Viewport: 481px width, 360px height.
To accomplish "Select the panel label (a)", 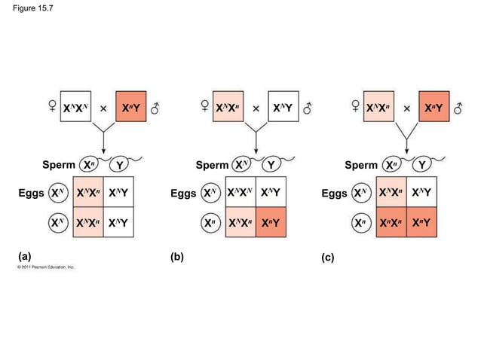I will [25, 256].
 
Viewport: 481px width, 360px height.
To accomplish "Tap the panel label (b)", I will [177, 256].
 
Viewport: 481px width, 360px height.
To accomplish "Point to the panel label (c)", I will [327, 257].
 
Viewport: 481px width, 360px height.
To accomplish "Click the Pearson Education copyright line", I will [47, 267].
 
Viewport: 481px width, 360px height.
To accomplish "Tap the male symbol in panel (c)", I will [458, 108].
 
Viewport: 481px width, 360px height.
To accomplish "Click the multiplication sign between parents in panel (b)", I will [256, 108].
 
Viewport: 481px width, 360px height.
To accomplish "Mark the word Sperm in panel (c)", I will [361, 165].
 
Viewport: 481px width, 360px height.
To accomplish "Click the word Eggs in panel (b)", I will [183, 194].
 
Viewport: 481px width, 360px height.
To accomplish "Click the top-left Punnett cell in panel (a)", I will [89, 194].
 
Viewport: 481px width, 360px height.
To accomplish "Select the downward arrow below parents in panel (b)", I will [256, 139].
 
